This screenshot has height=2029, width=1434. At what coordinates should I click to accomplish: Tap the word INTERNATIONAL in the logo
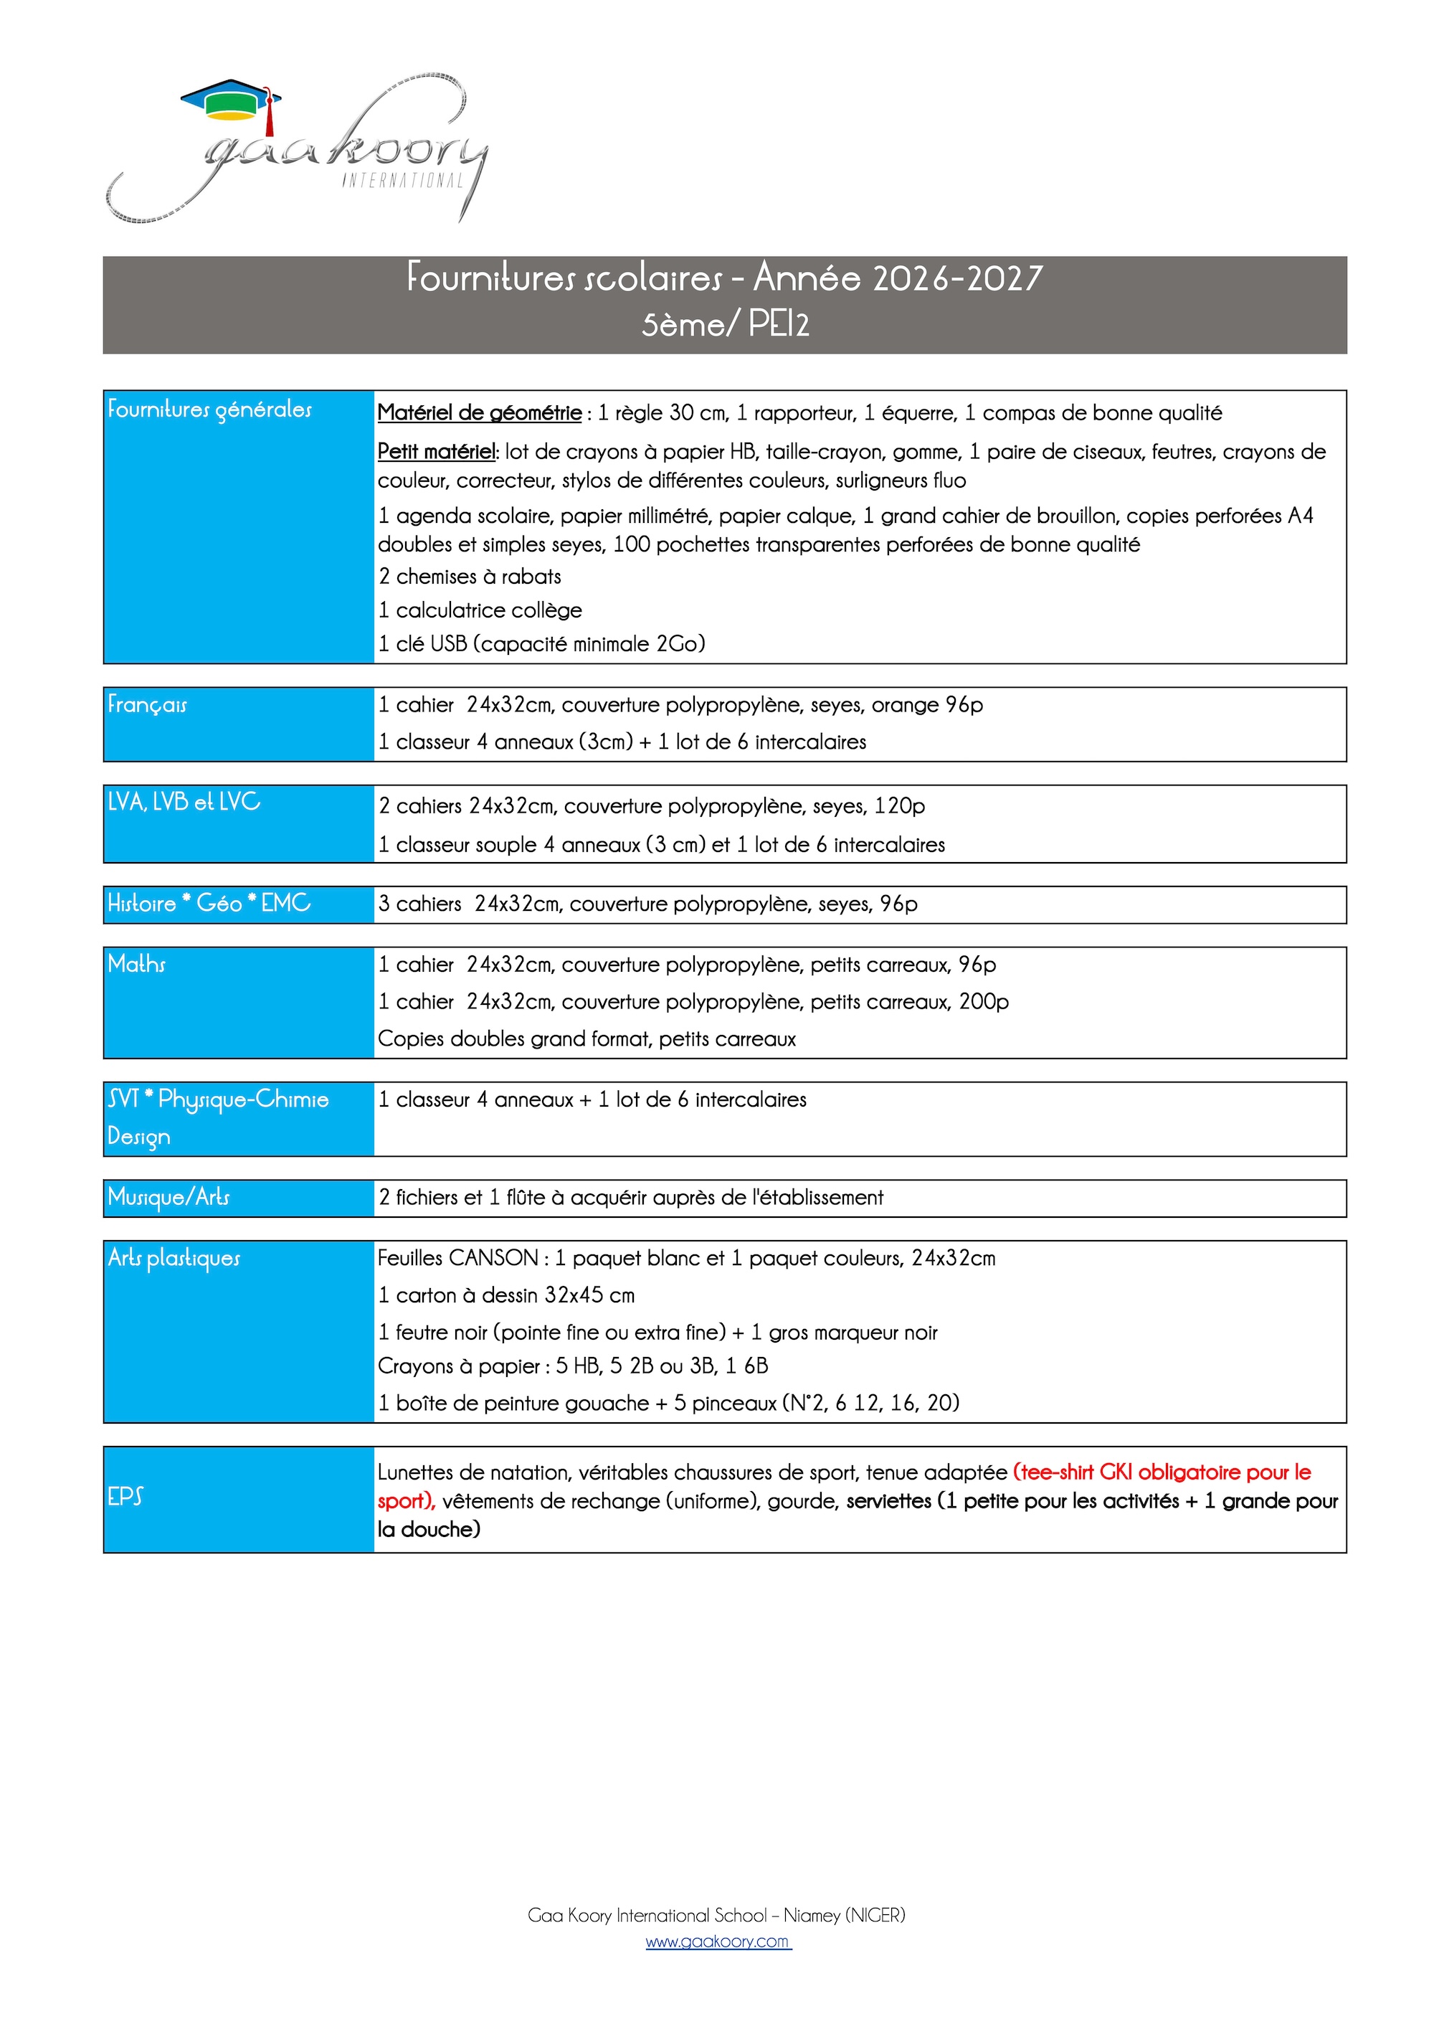pyautogui.click(x=402, y=180)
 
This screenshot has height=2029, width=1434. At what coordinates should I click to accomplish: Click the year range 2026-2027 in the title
pyautogui.click(x=957, y=278)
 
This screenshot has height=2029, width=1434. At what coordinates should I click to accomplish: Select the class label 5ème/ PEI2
pyautogui.click(x=724, y=324)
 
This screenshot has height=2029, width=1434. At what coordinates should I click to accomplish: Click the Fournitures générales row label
pyautogui.click(x=209, y=409)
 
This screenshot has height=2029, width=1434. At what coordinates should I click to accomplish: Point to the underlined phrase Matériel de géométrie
pyautogui.click(x=479, y=412)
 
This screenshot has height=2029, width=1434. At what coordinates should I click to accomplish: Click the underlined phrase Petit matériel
pyautogui.click(x=437, y=452)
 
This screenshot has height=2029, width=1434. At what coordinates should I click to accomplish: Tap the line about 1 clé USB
pyautogui.click(x=541, y=643)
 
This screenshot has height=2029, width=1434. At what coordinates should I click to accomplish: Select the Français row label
pyautogui.click(x=148, y=704)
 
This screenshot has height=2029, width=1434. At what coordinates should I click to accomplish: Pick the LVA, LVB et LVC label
pyautogui.click(x=184, y=802)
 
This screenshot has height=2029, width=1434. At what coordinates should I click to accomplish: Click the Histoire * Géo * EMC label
pyautogui.click(x=209, y=903)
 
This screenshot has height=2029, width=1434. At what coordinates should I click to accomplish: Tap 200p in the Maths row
pyautogui.click(x=984, y=1001)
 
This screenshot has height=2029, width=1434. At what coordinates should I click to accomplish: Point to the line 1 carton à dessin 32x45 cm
pyautogui.click(x=506, y=1295)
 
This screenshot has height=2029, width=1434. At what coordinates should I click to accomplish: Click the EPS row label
pyautogui.click(x=125, y=1496)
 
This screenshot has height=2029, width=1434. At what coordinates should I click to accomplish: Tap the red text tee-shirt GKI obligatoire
pyautogui.click(x=1149, y=1472)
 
